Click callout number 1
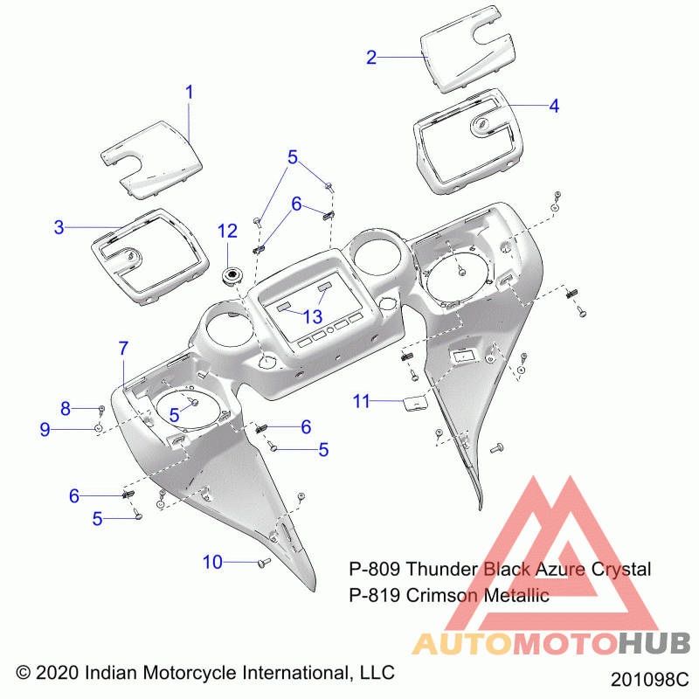(x=190, y=93)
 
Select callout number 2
(x=371, y=58)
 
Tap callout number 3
(x=59, y=227)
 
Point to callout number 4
(x=554, y=106)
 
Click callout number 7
(x=123, y=348)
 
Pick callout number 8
(x=66, y=408)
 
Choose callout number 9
(x=45, y=429)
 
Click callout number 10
(x=212, y=562)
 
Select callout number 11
(x=361, y=402)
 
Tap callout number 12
(x=227, y=232)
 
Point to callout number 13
(x=313, y=317)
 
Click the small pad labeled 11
(x=414, y=404)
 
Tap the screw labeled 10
(x=264, y=563)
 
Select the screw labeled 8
(x=101, y=409)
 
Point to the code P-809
(x=375, y=570)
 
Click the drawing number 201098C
(x=649, y=680)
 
